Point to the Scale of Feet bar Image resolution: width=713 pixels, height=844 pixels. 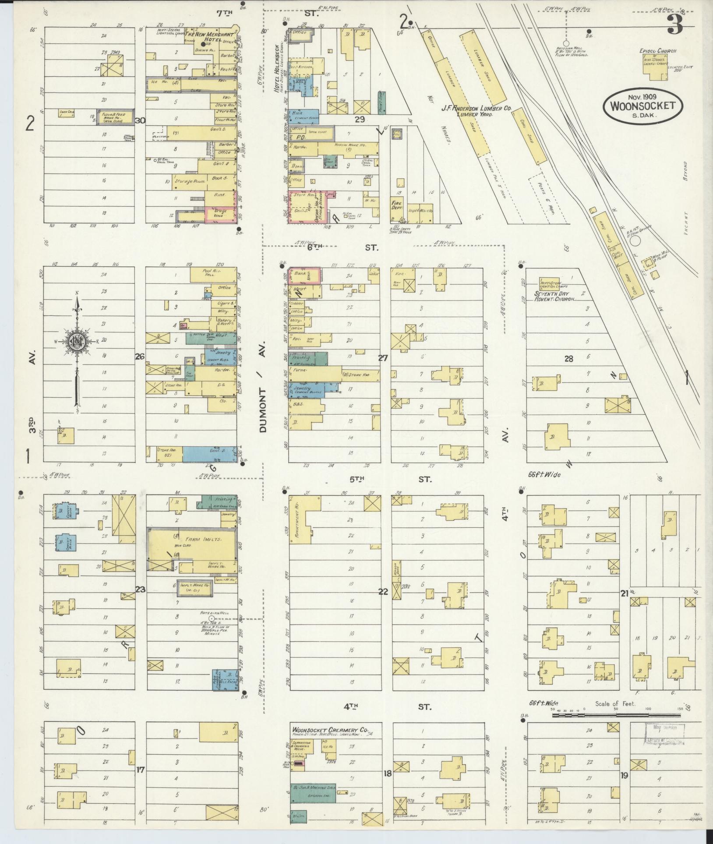coord(617,716)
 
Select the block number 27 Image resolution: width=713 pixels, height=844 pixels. coord(383,358)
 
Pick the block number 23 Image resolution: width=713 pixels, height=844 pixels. coord(140,589)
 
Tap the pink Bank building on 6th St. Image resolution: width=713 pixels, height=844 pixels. coord(305,275)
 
